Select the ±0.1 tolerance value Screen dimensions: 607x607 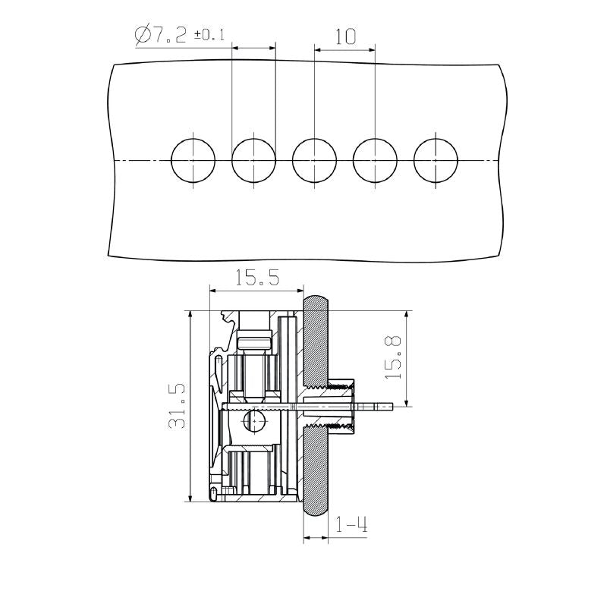coord(209,35)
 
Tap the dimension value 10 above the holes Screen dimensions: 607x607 coord(344,36)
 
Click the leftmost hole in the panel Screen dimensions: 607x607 coord(193,161)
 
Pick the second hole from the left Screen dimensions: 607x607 coord(253,161)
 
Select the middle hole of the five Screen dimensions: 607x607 coord(314,161)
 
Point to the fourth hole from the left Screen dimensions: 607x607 coord(375,161)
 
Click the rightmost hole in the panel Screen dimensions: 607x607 coord(436,161)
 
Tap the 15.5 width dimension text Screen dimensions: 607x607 coord(256,278)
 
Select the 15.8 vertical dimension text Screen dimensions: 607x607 coord(393,357)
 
